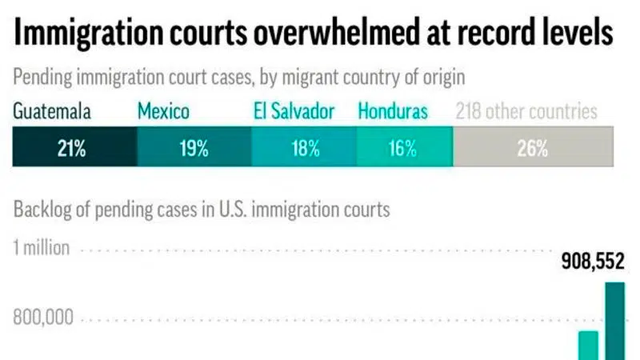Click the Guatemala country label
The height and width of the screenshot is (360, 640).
51,111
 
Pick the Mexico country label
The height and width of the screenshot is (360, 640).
163,111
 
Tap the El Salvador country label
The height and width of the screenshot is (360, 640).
294,111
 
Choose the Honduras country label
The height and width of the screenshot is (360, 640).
393,111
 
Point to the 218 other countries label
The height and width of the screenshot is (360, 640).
526,111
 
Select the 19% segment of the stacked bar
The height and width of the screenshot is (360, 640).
194,148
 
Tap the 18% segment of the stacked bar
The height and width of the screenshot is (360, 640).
304,148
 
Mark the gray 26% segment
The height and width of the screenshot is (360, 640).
533,148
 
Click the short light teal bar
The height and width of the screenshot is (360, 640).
588,346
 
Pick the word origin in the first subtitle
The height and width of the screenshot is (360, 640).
444,78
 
